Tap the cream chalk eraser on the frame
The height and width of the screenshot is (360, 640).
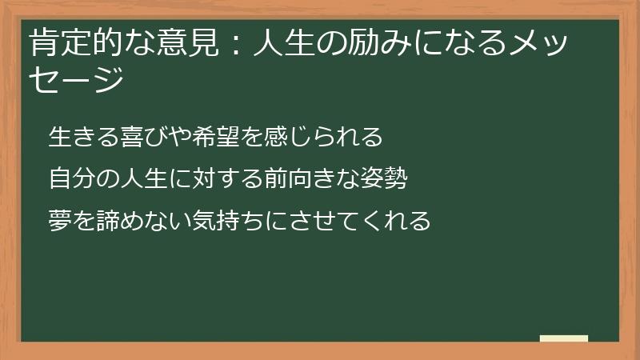click(x=564, y=339)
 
